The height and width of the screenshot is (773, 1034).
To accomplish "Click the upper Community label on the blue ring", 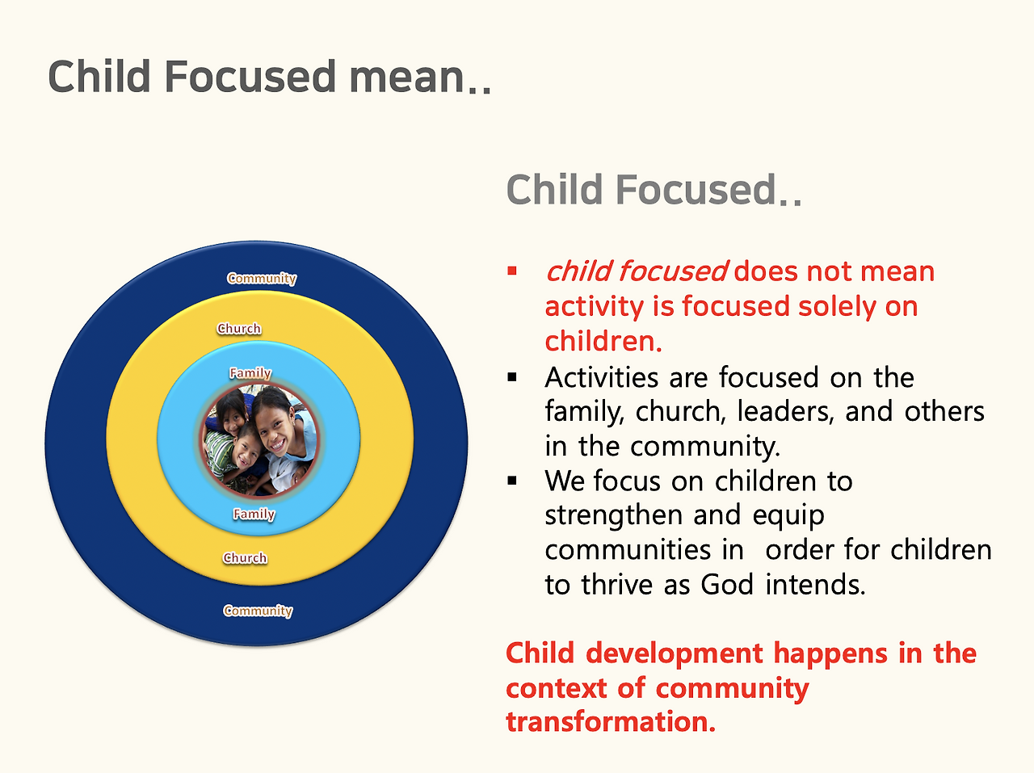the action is [262, 279].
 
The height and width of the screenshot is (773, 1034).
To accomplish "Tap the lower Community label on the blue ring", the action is [258, 611].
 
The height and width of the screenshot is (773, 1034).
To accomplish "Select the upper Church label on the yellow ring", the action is [239, 328].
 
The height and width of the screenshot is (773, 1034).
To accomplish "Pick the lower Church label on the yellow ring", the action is [245, 557].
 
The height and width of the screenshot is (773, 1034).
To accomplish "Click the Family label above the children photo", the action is [250, 373].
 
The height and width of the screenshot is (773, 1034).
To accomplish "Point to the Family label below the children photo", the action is [254, 514].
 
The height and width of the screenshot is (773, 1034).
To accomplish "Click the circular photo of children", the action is [259, 440].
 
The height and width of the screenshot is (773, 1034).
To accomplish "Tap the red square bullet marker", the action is [512, 271].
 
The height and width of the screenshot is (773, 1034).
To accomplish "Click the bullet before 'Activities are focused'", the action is [512, 377].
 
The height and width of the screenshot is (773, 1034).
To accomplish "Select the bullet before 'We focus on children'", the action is [512, 481].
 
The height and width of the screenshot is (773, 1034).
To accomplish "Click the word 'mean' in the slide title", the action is [407, 78].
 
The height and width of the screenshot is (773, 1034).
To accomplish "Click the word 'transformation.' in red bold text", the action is [611, 722].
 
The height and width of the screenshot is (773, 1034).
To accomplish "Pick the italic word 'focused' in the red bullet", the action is [674, 271].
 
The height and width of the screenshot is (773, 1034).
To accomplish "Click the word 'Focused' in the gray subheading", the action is [696, 190].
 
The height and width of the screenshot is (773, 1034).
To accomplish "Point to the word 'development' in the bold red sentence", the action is [675, 655].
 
